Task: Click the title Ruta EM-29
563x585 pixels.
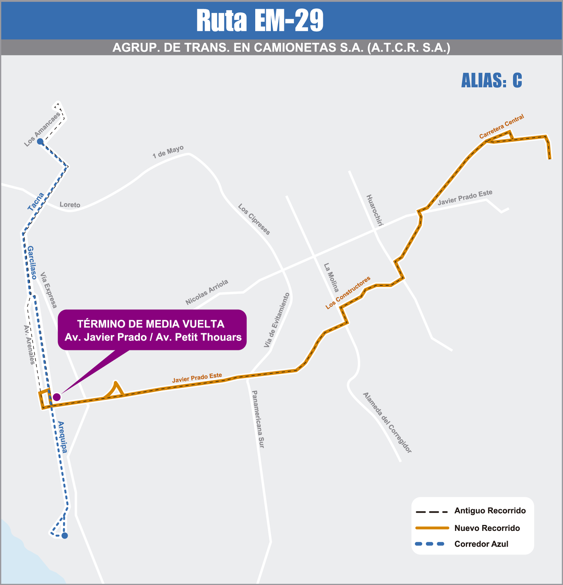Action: [260, 20]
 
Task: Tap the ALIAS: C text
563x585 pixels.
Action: [491, 80]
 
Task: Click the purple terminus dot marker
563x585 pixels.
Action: [57, 397]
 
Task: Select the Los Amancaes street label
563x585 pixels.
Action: [42, 130]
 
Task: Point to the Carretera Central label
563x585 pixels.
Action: [501, 127]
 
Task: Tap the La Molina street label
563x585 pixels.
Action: [331, 278]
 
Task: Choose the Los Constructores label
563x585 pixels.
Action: [348, 293]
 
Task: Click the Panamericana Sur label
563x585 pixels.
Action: [258, 419]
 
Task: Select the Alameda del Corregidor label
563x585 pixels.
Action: [387, 423]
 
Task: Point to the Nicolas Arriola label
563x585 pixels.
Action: [207, 292]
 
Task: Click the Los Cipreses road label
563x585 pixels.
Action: [254, 219]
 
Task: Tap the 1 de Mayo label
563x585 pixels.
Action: [168, 152]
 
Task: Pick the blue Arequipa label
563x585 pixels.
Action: [63, 437]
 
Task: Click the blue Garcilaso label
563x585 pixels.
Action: [32, 263]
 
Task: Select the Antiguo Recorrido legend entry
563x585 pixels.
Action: [490, 511]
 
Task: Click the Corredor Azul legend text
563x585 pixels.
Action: [481, 544]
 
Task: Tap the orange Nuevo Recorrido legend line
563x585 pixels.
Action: [432, 528]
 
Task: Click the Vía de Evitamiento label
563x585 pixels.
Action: [277, 320]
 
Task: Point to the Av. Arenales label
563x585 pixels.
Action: [29, 345]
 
